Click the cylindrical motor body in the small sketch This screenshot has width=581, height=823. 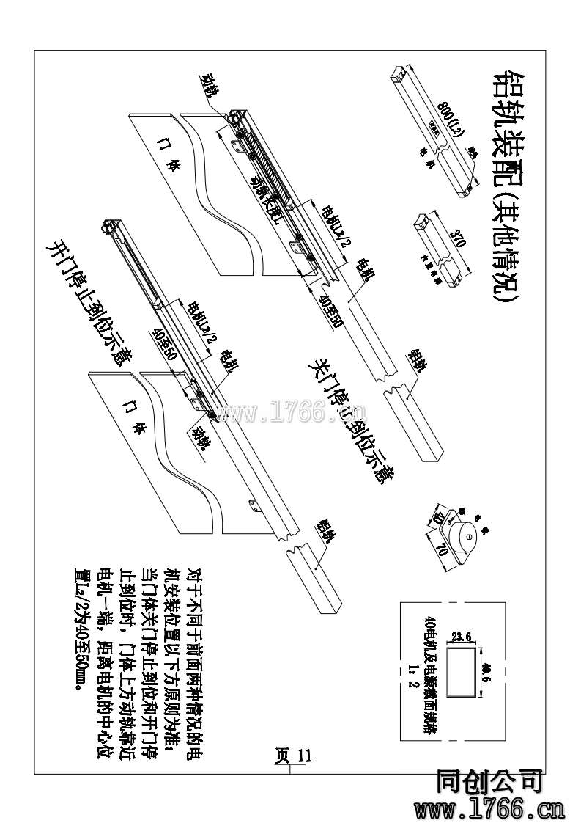point(464,536)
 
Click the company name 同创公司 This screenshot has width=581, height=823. point(489,783)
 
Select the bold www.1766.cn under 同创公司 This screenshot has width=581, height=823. point(489,808)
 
